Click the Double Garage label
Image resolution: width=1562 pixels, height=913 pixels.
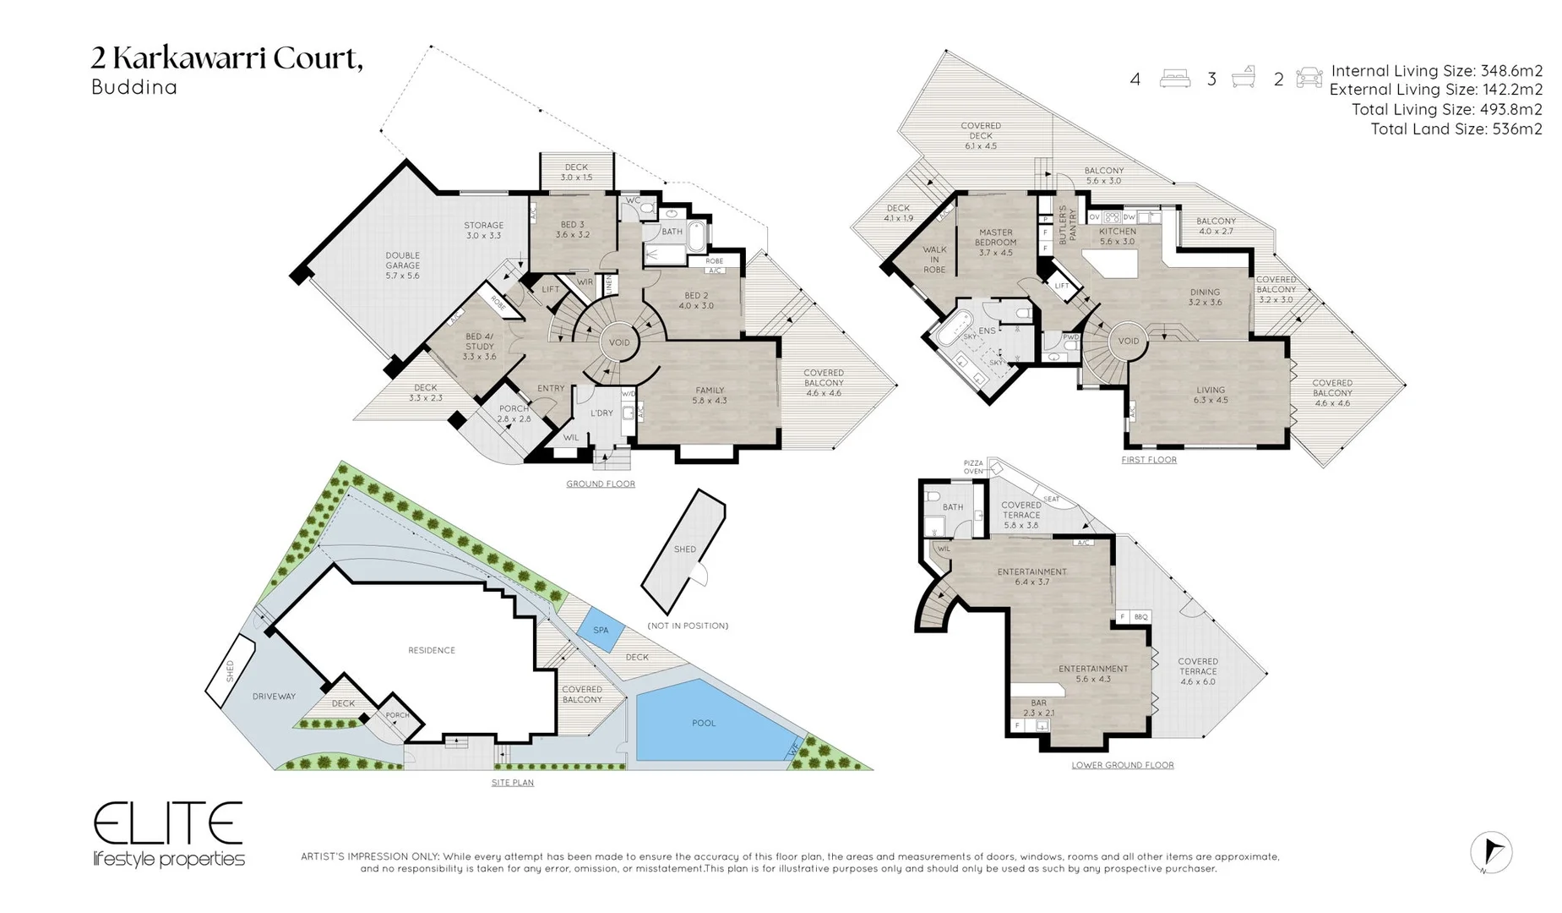[x=402, y=265]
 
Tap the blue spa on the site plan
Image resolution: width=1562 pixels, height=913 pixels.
[x=601, y=631]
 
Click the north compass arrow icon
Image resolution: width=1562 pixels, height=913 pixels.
[x=1491, y=851]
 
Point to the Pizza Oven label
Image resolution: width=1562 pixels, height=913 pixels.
[x=973, y=467]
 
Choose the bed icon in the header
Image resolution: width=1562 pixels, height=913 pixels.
[x=1174, y=79]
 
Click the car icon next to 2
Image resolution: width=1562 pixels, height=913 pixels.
[x=1309, y=79]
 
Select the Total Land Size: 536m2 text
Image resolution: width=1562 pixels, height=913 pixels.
[x=1456, y=129]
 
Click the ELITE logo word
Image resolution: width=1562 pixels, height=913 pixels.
[x=168, y=823]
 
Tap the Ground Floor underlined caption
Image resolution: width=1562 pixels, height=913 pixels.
[x=601, y=484]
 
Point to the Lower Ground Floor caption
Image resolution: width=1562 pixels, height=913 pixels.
[x=1122, y=765]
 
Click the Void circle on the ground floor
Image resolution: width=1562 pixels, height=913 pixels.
[x=619, y=342]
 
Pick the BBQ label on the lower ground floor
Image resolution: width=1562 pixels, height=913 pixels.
[x=1141, y=617]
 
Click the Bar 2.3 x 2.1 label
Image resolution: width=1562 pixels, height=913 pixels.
[x=1038, y=708]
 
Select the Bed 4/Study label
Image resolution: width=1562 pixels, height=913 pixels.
[x=479, y=347]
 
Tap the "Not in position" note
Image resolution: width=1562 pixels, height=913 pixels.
[x=688, y=626]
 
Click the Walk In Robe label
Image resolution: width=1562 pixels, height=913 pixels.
[x=934, y=260]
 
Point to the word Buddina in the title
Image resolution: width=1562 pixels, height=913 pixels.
[x=134, y=87]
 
